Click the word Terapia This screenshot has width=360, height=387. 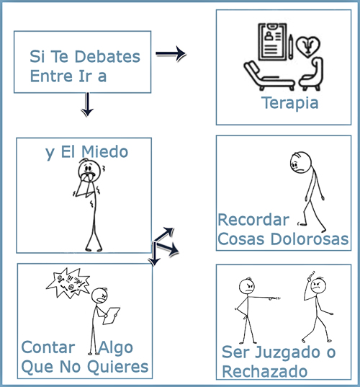coord(289,103)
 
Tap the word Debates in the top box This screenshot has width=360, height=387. coord(107,56)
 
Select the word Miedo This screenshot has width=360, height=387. coord(105,151)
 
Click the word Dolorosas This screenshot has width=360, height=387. coord(310,239)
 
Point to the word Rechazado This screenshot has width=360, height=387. coord(264,371)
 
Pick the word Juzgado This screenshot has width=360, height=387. coord(287,352)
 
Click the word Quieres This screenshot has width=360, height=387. coord(118,367)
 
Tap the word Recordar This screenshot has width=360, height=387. coord(253,220)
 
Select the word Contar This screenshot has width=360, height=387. coord(48,347)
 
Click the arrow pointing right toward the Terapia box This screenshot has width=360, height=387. coord(171,53)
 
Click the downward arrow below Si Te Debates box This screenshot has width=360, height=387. coord(87,104)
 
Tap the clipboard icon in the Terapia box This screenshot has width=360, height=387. coord(273,42)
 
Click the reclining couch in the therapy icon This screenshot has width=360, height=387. coord(269,76)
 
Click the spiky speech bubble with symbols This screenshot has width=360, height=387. coord(68,283)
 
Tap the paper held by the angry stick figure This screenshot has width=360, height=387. coord(111,316)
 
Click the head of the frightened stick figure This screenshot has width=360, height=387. coord(89,170)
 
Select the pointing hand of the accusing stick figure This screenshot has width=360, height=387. coord(274,298)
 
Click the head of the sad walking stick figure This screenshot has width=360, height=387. coord(300,162)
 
